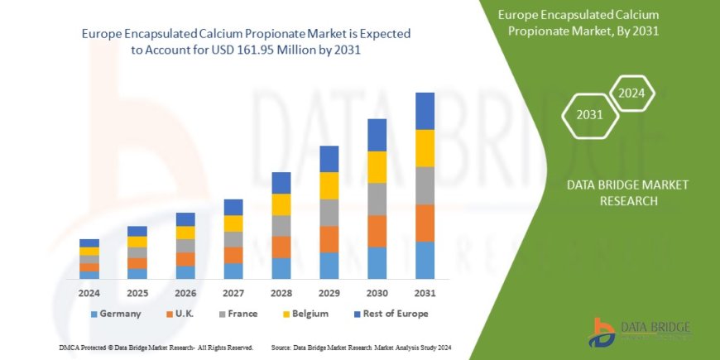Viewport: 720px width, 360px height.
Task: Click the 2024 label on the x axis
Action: point(89,292)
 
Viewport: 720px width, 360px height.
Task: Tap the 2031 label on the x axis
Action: point(425,292)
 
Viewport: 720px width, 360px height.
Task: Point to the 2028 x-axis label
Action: point(281,292)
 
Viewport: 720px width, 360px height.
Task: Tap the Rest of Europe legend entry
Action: point(389,314)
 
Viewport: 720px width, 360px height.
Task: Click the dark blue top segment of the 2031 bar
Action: point(425,111)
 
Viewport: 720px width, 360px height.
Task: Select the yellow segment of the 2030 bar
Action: point(377,167)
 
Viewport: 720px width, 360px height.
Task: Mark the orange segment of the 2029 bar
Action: point(329,239)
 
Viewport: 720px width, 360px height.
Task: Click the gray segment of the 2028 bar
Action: point(281,226)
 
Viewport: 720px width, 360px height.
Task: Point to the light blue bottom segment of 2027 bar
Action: point(233,271)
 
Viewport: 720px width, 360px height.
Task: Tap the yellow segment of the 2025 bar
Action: point(137,242)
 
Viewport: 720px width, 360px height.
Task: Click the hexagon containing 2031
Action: point(588,115)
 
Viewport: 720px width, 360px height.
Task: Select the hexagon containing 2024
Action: point(631,92)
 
